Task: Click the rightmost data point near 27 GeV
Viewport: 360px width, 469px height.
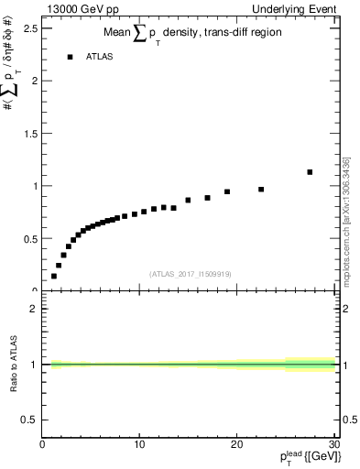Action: [x=310, y=172]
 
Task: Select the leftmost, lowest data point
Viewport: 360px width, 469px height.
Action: [x=54, y=276]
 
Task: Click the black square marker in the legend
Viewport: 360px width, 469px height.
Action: [x=69, y=57]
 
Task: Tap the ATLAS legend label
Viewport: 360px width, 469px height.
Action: [x=100, y=57]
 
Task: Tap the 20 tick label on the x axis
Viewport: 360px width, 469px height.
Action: [x=235, y=445]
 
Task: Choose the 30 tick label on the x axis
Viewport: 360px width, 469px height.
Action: [x=332, y=445]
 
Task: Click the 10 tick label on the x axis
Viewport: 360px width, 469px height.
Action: [x=139, y=445]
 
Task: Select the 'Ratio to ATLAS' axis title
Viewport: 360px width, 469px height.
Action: [x=13, y=364]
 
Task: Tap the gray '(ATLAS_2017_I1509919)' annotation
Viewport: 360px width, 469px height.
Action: [x=190, y=273]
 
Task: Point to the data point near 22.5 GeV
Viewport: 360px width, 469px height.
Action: [x=261, y=190]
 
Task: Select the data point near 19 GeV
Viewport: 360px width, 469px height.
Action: [x=227, y=192]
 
